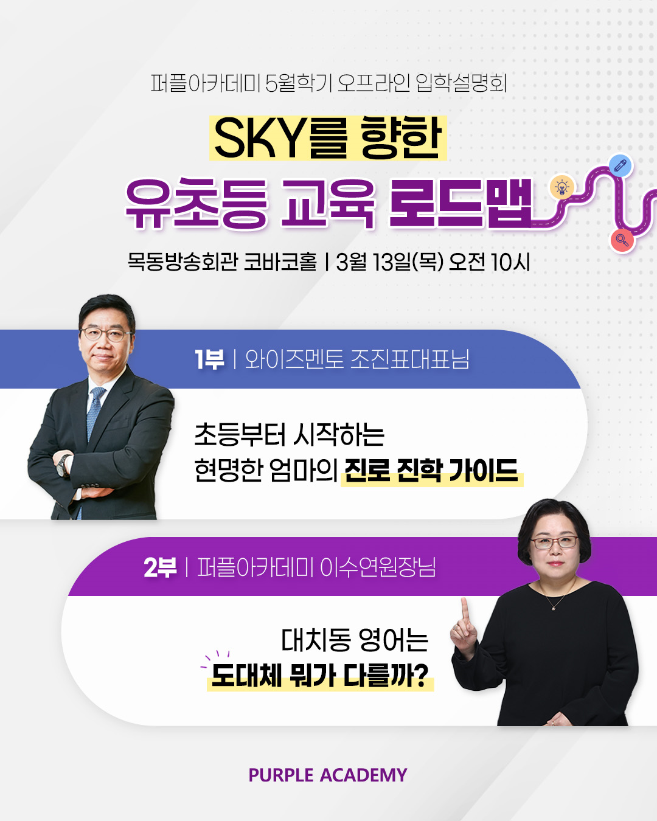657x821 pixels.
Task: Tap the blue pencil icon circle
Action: tap(620, 165)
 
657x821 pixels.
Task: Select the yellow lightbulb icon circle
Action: tap(561, 187)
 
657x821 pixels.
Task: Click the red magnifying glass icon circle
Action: tap(622, 240)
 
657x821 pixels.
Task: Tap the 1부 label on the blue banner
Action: tap(210, 359)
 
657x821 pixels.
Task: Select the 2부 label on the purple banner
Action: tap(161, 567)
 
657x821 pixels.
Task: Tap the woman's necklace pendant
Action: tap(554, 608)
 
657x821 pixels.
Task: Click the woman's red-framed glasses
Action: tap(554, 542)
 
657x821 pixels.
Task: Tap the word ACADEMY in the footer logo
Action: tap(364, 775)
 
